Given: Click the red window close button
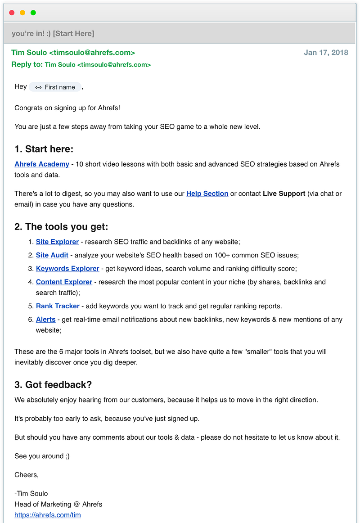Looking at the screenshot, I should point(12,13).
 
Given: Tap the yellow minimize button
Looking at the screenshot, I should point(22,13).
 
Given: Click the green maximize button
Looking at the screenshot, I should point(33,13).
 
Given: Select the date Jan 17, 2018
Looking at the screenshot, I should point(326,53).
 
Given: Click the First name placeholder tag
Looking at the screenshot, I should point(55,87).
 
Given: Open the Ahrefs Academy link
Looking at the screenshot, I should point(42,164).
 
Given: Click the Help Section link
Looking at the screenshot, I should point(207,194).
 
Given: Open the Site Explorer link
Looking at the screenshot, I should point(57,242).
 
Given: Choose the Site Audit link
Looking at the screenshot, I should point(52,255).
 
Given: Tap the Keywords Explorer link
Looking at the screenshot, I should point(67,269).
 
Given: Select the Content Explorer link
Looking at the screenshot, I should point(64,282).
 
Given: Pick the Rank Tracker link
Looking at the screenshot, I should point(58,306).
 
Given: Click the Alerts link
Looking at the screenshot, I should point(46,320).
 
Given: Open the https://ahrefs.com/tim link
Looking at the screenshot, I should point(48,515).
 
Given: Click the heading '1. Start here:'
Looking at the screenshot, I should point(44,149).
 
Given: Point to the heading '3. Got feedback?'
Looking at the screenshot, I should point(53,384).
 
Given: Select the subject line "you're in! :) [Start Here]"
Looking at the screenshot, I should point(53,34).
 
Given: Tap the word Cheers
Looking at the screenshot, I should point(26,475).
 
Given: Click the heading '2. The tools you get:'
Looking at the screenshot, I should point(61,227).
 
